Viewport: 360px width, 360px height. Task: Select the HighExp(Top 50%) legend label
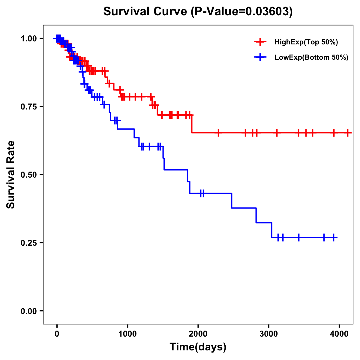point(306,42)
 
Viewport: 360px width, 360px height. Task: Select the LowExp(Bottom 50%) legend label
point(311,58)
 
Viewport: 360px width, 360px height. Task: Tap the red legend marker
point(260,42)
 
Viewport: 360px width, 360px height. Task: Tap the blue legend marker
point(260,58)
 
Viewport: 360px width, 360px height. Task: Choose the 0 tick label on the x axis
point(57,334)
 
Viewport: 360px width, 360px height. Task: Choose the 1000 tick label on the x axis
point(127,334)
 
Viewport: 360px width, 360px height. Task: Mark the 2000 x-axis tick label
point(198,334)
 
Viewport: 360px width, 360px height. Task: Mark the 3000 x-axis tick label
point(269,334)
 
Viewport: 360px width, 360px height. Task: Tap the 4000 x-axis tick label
point(339,334)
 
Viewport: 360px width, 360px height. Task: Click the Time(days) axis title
point(198,347)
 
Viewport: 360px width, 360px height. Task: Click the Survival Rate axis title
point(11,175)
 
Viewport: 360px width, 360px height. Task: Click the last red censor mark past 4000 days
point(348,133)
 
